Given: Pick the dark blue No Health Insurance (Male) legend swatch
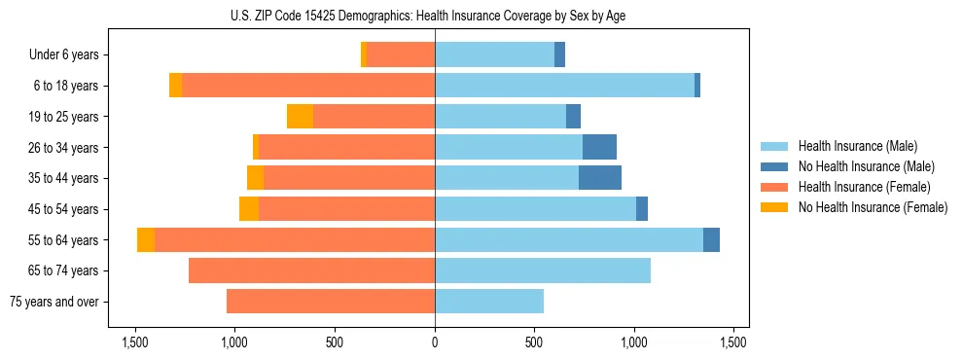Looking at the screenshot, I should [x=774, y=166].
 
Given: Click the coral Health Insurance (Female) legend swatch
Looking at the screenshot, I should [x=774, y=187].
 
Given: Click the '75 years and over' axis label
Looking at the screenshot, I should [x=54, y=302].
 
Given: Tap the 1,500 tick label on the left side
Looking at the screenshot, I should [x=134, y=343].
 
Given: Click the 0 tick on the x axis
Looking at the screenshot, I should [x=435, y=343].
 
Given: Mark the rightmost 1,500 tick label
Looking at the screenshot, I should [x=734, y=343].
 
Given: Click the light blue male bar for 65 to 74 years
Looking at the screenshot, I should [x=542, y=270].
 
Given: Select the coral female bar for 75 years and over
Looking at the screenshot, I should [x=331, y=302].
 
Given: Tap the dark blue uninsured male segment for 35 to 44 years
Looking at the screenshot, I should [x=600, y=178].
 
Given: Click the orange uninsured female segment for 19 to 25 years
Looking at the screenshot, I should [x=300, y=117].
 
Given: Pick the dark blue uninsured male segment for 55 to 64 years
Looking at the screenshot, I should [x=711, y=240].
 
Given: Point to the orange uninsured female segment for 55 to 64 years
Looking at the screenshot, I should [x=146, y=240].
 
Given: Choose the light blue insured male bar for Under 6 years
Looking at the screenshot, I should [x=494, y=55].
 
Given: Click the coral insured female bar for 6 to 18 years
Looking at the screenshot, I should [x=308, y=86].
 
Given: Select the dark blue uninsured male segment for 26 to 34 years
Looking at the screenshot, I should [x=599, y=148].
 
